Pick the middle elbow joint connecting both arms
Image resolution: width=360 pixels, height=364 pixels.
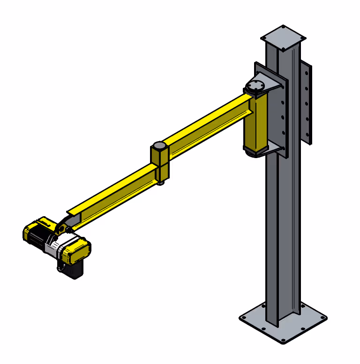pos(159,162)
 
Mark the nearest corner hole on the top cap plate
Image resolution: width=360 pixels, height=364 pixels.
pos(284,48)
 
